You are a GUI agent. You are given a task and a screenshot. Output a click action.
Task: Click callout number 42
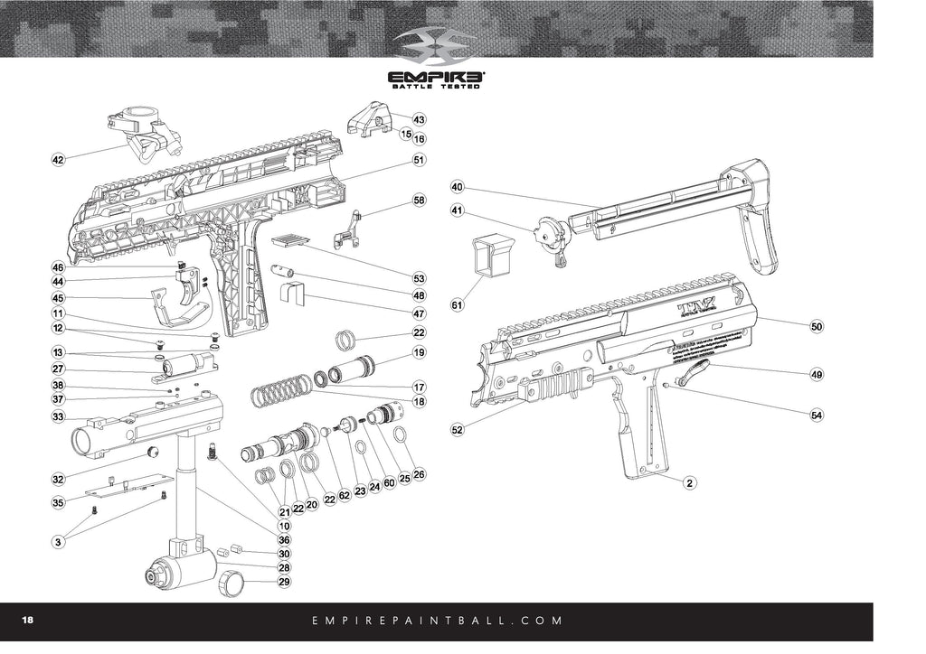pos(58,160)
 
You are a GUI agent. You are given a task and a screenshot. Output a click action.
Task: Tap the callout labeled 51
pos(419,160)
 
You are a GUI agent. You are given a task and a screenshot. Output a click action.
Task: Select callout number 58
pos(419,200)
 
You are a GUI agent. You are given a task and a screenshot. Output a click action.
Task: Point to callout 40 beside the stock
pos(458,187)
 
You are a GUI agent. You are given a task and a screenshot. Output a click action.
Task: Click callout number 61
pos(458,305)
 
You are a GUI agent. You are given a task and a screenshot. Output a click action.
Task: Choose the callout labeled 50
pos(817,326)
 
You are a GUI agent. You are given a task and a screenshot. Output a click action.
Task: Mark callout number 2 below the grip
pos(689,483)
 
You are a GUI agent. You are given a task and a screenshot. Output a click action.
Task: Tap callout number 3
pos(58,542)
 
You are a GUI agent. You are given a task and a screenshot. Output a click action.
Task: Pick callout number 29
pos(284,583)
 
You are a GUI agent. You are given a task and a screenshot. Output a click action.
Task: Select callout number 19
pos(419,352)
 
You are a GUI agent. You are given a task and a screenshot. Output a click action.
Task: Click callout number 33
pos(58,418)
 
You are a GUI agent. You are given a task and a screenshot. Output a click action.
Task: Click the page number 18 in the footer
pos(28,621)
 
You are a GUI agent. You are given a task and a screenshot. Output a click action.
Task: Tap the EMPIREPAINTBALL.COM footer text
pos(437,621)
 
